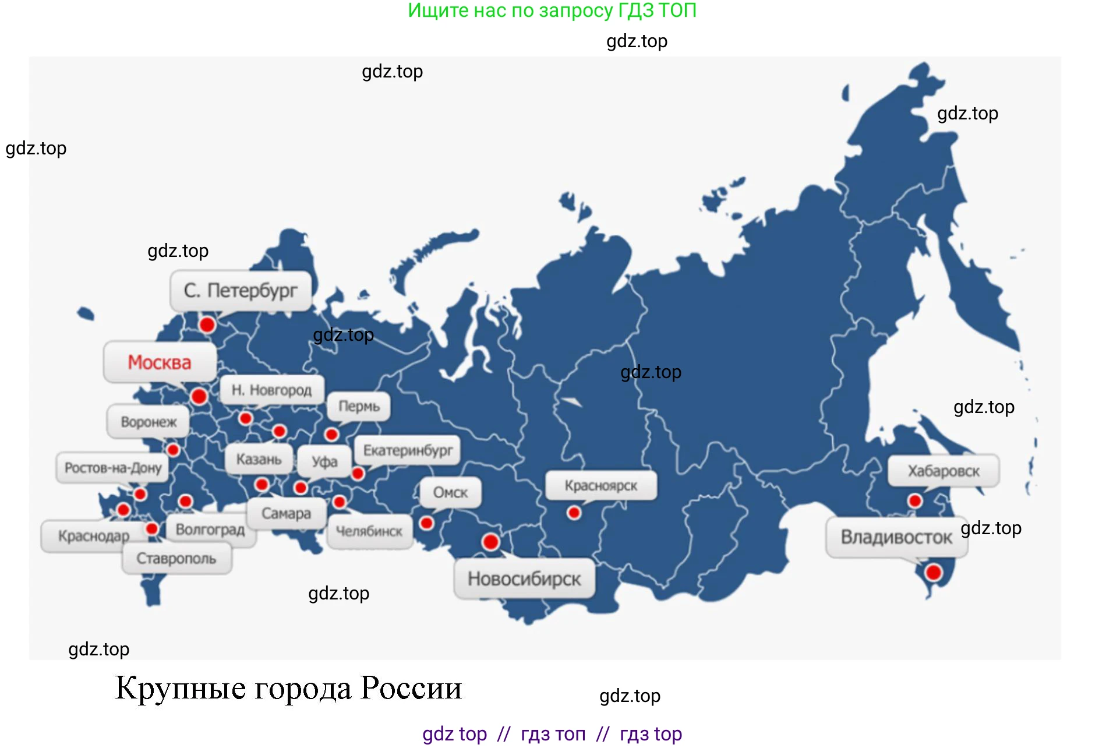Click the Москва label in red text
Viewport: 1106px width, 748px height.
(x=160, y=362)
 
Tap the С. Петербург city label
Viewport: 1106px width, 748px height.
(x=241, y=290)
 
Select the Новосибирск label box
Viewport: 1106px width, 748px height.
(x=524, y=578)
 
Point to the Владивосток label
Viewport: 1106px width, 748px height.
(x=896, y=537)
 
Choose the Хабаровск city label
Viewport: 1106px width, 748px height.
(x=944, y=471)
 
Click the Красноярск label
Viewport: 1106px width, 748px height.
(x=600, y=485)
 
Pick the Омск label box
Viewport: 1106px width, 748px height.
(x=450, y=492)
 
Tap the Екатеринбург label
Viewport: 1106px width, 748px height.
(x=408, y=450)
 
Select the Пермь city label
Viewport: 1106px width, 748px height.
(x=359, y=406)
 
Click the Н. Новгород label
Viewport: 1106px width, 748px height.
(x=271, y=390)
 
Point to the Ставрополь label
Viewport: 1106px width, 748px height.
(x=176, y=558)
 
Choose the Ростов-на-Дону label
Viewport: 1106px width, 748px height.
(x=113, y=468)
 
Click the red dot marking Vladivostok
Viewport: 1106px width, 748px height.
(x=934, y=572)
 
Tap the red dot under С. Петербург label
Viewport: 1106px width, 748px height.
(x=207, y=324)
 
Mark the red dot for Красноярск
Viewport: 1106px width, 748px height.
(x=574, y=513)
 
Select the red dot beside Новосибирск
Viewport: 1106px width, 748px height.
(x=490, y=542)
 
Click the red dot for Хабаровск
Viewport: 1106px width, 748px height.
(x=915, y=500)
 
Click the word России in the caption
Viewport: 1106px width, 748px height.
(x=411, y=688)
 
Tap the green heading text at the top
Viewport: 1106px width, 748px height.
(x=552, y=10)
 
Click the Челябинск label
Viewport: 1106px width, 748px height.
(x=369, y=531)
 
